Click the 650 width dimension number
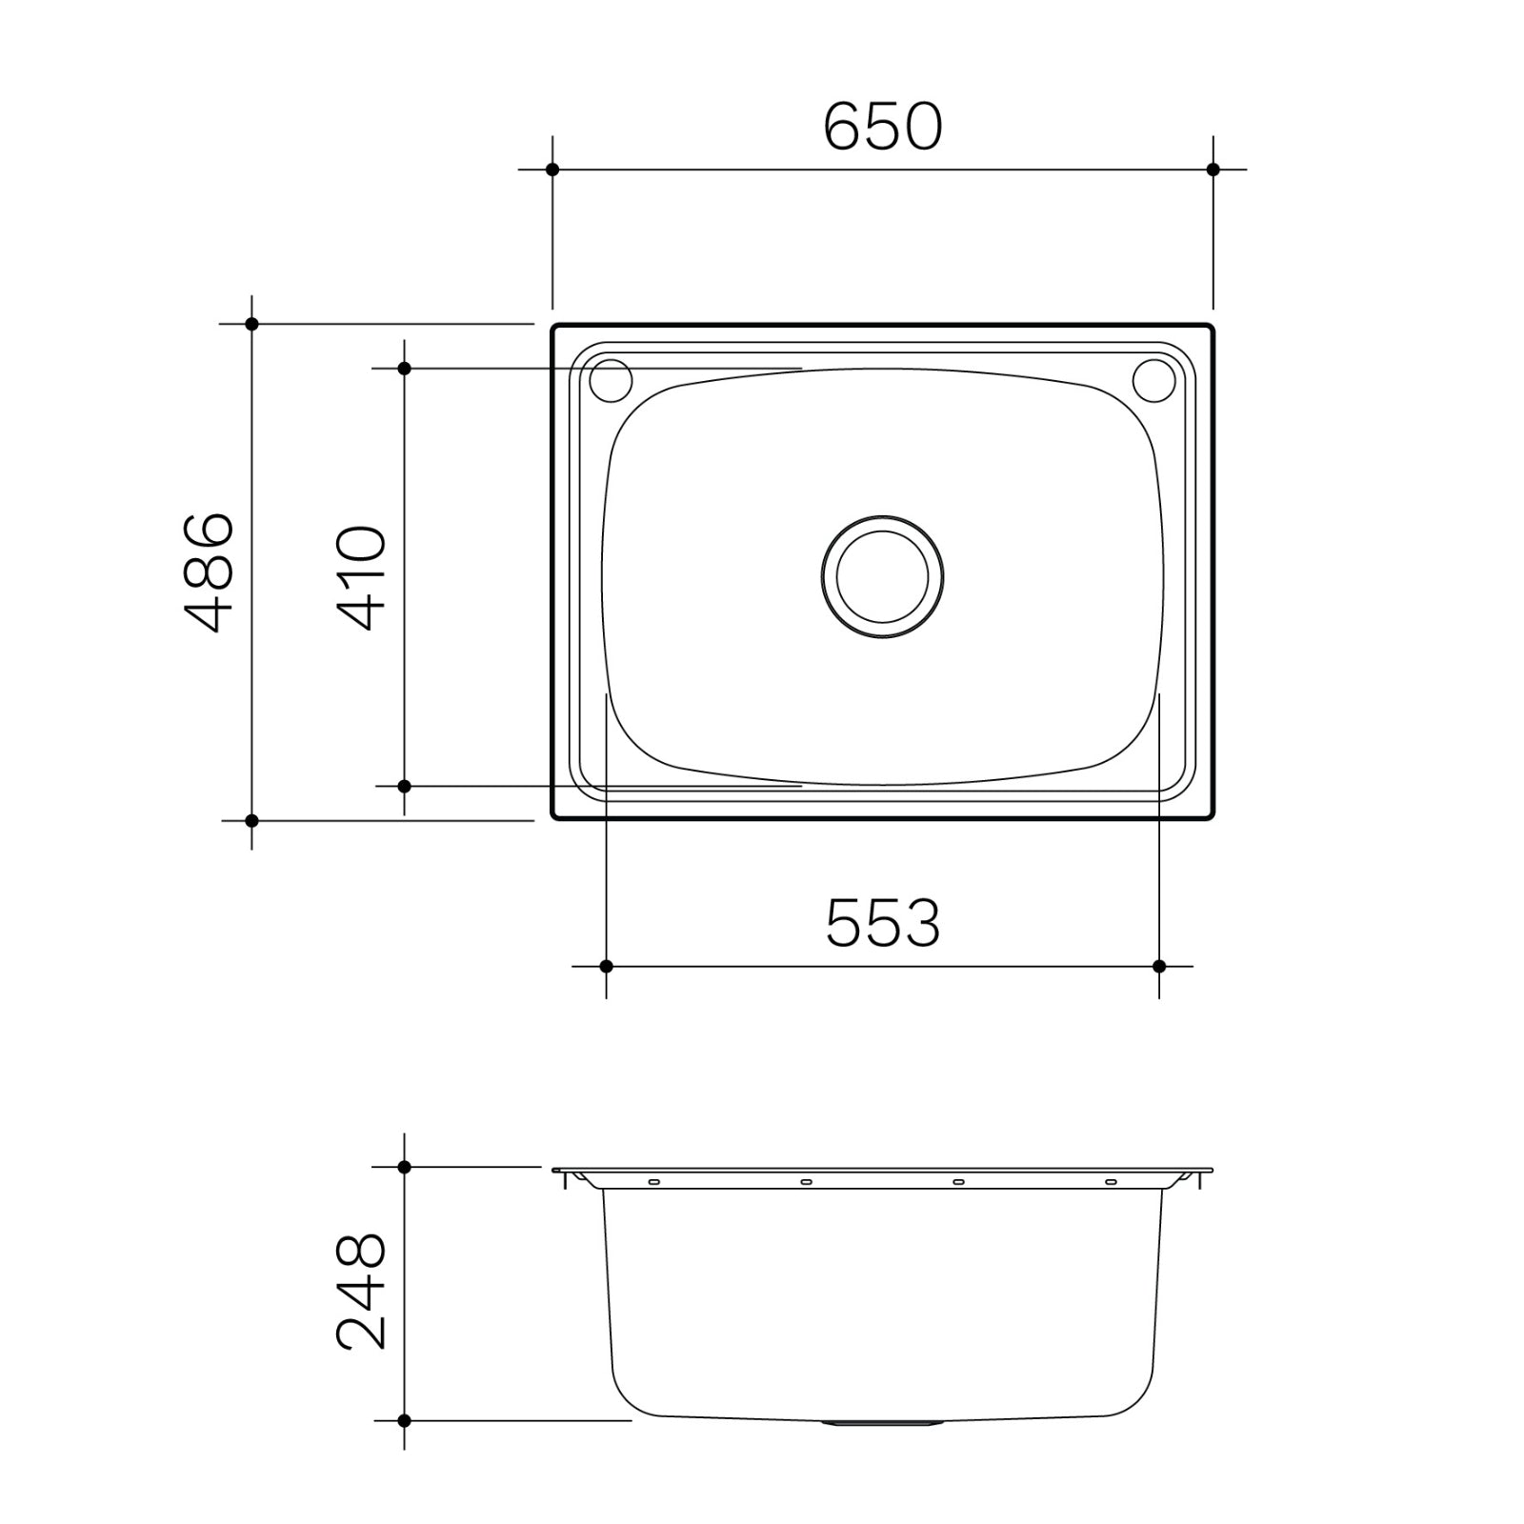(882, 127)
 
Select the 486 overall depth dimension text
(209, 572)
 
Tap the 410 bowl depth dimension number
(363, 578)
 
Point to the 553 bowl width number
(882, 923)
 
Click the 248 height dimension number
(363, 1292)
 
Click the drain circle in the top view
(882, 576)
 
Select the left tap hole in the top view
(611, 380)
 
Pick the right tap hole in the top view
(1153, 380)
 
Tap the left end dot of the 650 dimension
(552, 170)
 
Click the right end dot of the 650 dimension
(1213, 170)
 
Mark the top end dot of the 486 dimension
(251, 324)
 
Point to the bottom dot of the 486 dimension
(251, 820)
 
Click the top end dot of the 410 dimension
(404, 368)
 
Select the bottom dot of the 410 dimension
(404, 786)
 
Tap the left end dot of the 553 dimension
(607, 966)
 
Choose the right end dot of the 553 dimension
(1159, 966)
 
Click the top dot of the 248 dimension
(404, 1167)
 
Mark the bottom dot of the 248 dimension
(404, 1420)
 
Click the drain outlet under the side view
(882, 1423)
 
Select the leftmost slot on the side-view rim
(653, 1182)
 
